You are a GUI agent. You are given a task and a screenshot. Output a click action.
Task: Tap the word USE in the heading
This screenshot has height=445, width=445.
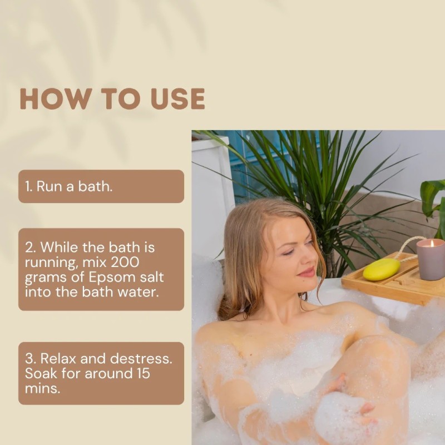point(177,98)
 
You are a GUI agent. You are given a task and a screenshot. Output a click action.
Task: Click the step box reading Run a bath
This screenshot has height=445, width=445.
point(101,186)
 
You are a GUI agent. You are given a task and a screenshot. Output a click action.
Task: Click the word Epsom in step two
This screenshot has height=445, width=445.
point(112,278)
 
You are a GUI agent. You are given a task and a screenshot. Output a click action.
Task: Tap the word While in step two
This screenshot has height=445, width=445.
point(60,247)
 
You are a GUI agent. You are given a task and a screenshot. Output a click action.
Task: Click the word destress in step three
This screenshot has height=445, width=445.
point(141,358)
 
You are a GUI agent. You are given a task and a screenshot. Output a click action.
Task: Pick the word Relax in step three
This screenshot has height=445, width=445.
point(58,358)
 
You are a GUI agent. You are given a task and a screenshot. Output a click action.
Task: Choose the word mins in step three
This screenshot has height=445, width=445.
point(43,388)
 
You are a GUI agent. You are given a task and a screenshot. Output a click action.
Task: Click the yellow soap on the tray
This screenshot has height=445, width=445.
point(382,269)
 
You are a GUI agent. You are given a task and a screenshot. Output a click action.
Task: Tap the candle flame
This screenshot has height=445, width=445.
point(432,244)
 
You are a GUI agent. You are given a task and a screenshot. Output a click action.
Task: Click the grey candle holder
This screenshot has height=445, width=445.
point(430,260)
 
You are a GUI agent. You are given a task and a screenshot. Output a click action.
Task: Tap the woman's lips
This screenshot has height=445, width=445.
point(306,273)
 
